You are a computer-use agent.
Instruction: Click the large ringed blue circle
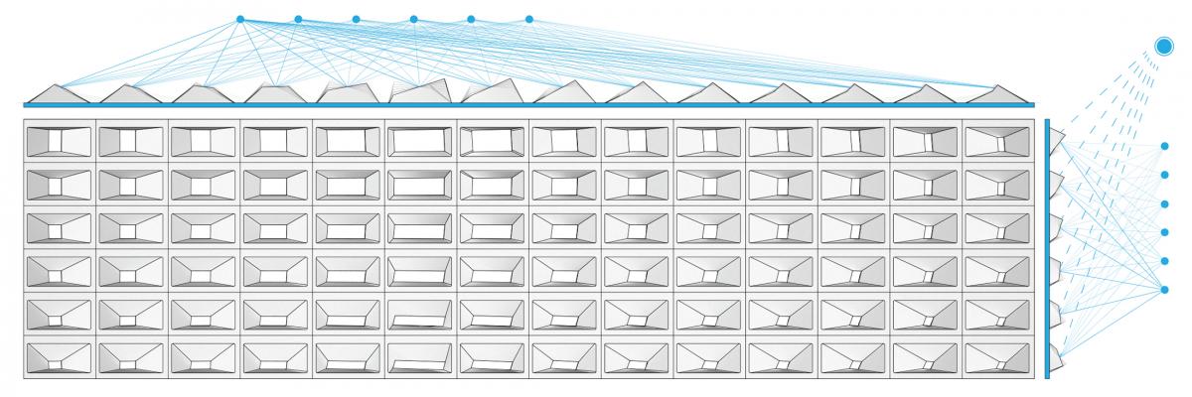point(1164,46)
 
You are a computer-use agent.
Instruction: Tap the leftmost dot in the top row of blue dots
point(240,19)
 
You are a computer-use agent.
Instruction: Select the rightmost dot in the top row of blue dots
point(528,19)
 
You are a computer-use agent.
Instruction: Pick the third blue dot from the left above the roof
point(356,19)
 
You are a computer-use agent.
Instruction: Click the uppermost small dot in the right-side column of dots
point(1164,146)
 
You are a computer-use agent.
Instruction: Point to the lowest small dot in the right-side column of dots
point(1164,289)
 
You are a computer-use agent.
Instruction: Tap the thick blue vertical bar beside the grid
point(1047,248)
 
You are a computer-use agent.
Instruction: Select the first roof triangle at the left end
point(60,93)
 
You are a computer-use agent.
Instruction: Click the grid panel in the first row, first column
point(60,141)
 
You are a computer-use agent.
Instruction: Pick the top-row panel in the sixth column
point(421,141)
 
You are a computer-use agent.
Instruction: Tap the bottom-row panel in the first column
point(60,357)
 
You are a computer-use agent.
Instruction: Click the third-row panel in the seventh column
point(493,228)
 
